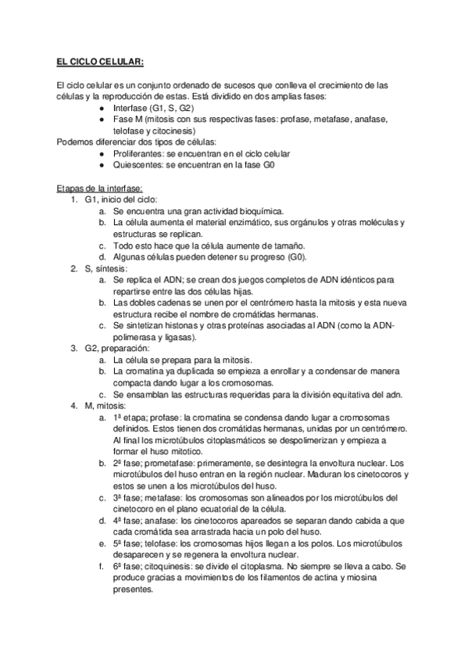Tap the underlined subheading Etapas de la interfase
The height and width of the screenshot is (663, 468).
(x=89, y=188)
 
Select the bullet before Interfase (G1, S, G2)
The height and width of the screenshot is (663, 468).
(x=104, y=107)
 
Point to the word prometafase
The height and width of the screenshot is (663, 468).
(x=168, y=462)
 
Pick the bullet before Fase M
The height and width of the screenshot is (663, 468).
(x=104, y=119)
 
